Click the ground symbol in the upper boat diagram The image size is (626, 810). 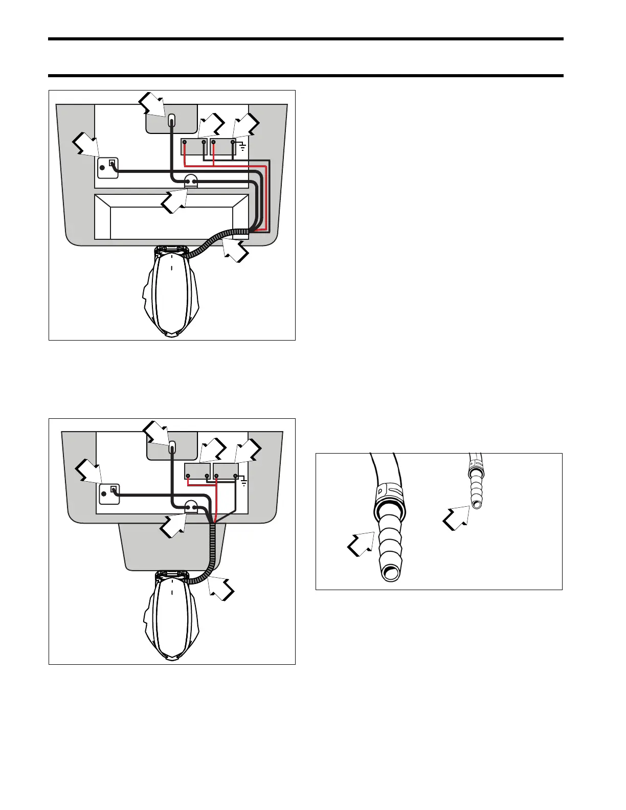[242, 148]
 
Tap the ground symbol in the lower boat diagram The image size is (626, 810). [244, 482]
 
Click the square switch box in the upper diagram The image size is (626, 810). [108, 168]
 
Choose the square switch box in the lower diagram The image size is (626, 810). [109, 494]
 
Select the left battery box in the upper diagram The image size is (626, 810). [194, 147]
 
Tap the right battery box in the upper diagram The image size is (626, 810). [223, 147]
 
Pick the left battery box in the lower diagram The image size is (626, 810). [197, 470]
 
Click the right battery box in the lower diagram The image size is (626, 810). [226, 470]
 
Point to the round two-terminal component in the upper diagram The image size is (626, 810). [190, 182]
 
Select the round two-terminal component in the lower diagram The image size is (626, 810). [191, 507]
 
